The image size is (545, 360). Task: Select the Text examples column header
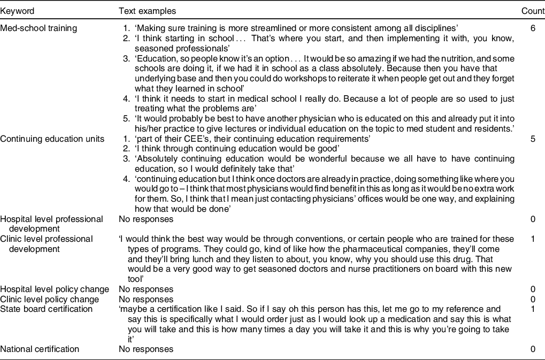[147, 11]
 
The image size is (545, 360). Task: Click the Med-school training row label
[39, 28]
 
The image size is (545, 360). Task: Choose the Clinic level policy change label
[50, 299]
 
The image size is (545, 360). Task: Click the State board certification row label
[47, 309]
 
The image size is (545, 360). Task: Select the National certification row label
[40, 349]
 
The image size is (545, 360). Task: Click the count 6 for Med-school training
[533, 28]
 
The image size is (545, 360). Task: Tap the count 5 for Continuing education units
[533, 139]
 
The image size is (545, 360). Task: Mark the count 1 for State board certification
[533, 309]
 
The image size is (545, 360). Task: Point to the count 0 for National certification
[533, 349]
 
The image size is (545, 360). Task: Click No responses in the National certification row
[146, 349]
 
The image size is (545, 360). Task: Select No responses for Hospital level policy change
[146, 289]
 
